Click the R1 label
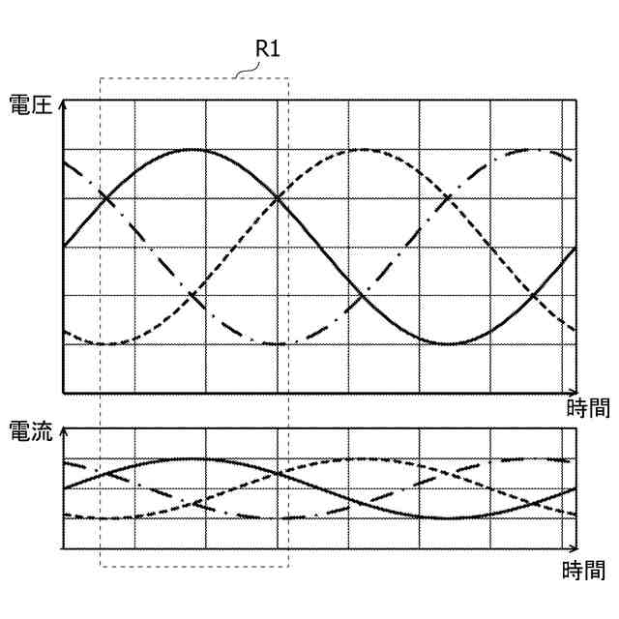point(268,47)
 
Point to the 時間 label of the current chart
point(584,571)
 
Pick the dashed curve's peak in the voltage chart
point(364,150)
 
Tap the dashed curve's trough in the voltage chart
point(106,343)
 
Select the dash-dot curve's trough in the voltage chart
point(279,343)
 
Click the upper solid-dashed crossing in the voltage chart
point(279,198)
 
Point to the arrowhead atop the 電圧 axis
point(63,103)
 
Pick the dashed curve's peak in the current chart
point(364,459)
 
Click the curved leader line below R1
point(248,69)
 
